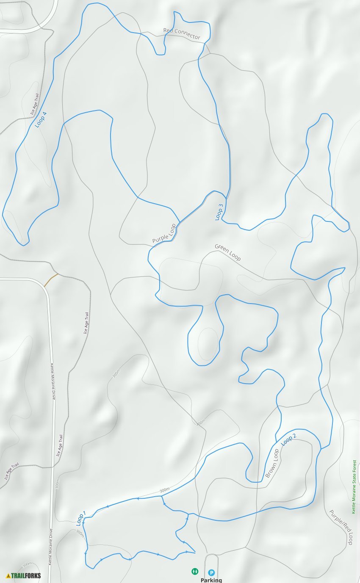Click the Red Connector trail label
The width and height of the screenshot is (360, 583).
pos(182,34)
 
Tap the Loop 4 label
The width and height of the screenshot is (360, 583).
pos(41,119)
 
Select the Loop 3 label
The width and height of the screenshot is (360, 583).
pos(219,212)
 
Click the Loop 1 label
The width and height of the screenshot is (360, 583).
pos(81,518)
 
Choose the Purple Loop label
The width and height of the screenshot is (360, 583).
pos(164,234)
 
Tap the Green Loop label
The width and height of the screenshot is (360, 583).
pos(227,252)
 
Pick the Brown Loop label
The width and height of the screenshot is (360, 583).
pos(272,463)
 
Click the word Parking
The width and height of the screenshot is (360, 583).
pos(211,580)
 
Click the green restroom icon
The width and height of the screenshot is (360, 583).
pos(194,571)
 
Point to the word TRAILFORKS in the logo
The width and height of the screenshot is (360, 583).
pos(26,575)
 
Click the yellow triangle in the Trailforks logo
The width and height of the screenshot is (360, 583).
pos(8,575)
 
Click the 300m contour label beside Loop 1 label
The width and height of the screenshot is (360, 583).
pos(80,533)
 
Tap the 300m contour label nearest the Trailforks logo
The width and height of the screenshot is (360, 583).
pos(26,564)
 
